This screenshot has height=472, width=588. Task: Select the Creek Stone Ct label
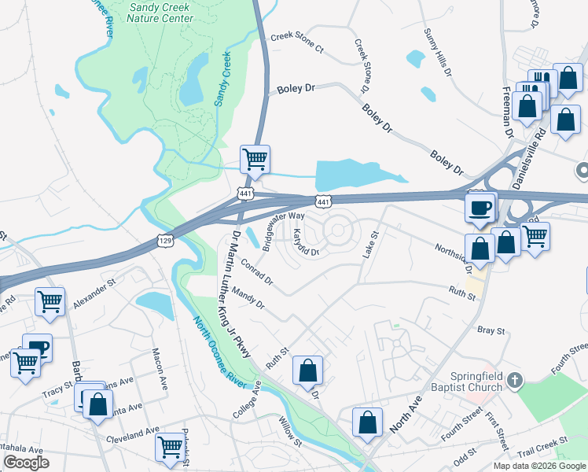(x=296, y=42)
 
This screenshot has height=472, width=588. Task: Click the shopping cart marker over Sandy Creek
(x=255, y=159)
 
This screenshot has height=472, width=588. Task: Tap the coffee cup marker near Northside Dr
(x=480, y=208)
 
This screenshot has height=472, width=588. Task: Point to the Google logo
(x=26, y=463)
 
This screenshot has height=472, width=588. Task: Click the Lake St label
(x=369, y=244)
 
